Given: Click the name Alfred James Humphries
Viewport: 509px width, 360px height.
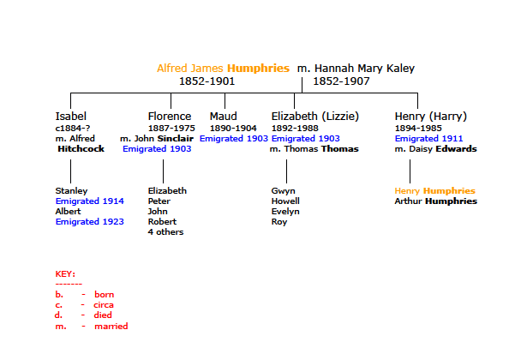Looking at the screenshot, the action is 223,69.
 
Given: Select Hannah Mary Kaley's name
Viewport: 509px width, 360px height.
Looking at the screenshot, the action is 364,69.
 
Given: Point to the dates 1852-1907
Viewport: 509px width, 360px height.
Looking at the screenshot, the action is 341,81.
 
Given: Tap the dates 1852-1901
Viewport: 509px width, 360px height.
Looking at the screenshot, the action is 207,81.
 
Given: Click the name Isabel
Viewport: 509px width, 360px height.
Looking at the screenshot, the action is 71,117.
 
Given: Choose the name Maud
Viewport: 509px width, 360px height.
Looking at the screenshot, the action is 224,117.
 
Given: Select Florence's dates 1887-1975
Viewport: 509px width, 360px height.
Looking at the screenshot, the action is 171,129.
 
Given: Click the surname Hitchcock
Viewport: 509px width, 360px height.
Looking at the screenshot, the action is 81,148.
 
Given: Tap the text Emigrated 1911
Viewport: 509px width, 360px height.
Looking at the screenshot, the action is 428,139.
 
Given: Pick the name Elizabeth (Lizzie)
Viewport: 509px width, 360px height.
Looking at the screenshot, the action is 315,117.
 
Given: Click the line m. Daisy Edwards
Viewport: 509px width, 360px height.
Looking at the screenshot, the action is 435,149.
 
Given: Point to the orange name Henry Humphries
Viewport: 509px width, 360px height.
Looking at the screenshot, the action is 435,191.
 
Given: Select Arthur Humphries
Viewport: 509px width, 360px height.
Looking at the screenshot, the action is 436,201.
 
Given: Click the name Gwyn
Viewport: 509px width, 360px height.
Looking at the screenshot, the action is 283,191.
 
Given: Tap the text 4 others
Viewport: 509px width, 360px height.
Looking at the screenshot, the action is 166,232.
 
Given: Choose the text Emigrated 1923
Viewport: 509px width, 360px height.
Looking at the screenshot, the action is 90,222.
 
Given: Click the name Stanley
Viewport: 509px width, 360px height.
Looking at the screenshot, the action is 71,191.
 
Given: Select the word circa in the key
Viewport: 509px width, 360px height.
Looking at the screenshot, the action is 104,305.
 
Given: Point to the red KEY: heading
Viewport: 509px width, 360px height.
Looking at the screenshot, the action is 65,274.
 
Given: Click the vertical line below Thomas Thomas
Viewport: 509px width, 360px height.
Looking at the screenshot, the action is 287,171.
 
